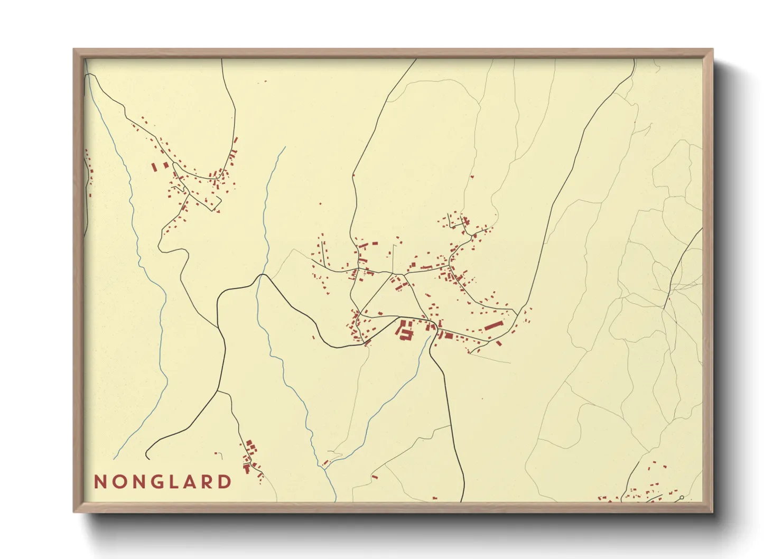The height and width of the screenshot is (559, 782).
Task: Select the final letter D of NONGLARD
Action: click(x=226, y=482)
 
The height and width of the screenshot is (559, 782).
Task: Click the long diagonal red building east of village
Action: click(x=492, y=325)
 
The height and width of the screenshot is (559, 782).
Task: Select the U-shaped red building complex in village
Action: click(x=405, y=330)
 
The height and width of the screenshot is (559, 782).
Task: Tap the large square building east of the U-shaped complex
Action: click(x=448, y=335)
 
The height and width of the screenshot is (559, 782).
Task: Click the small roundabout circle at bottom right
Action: click(x=682, y=498)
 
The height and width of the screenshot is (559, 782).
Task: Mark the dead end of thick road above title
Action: click(x=146, y=458)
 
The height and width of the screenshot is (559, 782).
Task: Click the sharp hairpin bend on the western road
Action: click(x=160, y=244)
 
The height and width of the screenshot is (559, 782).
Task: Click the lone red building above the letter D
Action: click(x=216, y=453)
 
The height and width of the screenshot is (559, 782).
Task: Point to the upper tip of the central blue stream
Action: click(x=285, y=147)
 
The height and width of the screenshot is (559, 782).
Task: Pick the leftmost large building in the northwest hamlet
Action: click(x=154, y=167)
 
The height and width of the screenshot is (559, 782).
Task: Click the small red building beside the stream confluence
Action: click(x=326, y=463)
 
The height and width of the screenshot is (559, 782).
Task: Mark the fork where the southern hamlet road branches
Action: click(x=217, y=392)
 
